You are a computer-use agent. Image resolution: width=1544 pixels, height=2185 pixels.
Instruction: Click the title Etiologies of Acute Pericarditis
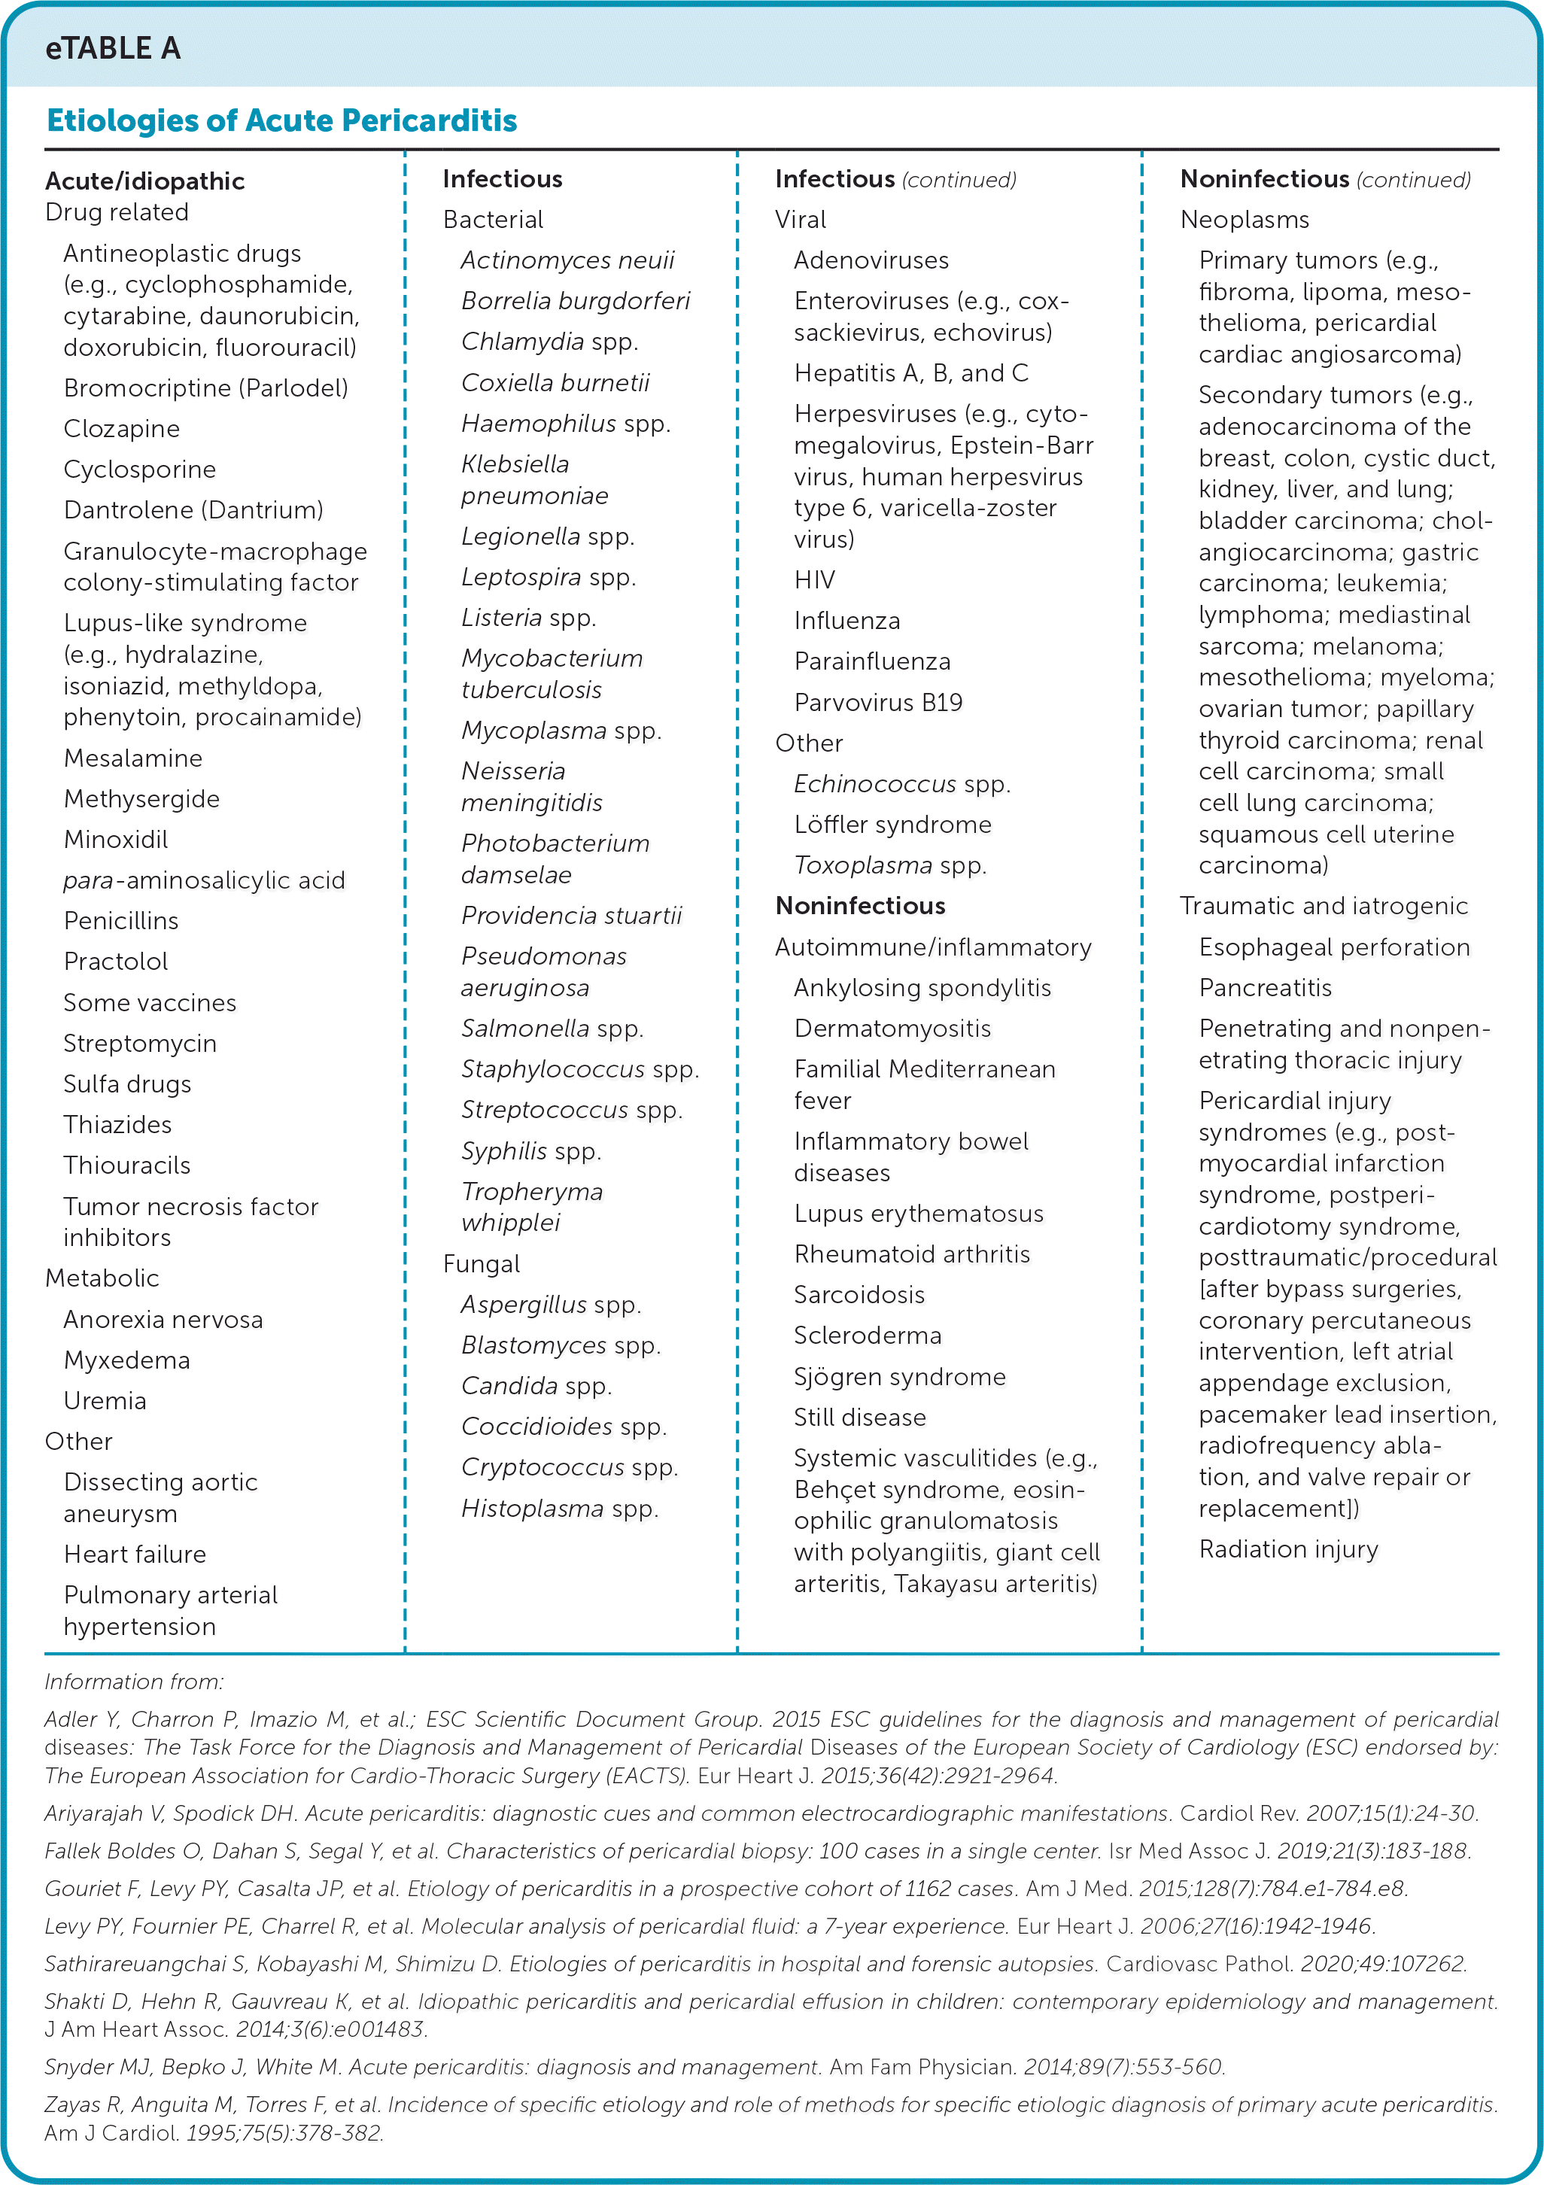pyautogui.click(x=281, y=121)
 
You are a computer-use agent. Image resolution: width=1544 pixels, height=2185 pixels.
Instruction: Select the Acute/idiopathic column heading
pyautogui.click(x=144, y=181)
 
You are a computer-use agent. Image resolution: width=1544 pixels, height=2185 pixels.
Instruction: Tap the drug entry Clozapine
pyautogui.click(x=121, y=429)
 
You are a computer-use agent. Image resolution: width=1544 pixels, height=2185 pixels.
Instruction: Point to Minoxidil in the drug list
pyautogui.click(x=115, y=840)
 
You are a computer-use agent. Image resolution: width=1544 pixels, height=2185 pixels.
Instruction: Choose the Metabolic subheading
pyautogui.click(x=102, y=1278)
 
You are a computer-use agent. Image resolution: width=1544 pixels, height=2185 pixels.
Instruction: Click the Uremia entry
pyautogui.click(x=105, y=1401)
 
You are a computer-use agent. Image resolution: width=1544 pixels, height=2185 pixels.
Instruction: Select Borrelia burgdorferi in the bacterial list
pyautogui.click(x=575, y=302)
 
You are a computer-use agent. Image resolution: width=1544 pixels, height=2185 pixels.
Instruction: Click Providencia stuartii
pyautogui.click(x=571, y=916)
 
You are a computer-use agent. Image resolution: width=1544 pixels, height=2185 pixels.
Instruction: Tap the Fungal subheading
pyautogui.click(x=481, y=1264)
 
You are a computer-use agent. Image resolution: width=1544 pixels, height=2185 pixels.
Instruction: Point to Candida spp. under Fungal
pyautogui.click(x=536, y=1386)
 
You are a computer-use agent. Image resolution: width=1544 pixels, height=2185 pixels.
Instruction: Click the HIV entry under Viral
pyautogui.click(x=814, y=579)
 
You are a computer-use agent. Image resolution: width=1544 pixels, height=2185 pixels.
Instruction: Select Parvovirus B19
pyautogui.click(x=877, y=702)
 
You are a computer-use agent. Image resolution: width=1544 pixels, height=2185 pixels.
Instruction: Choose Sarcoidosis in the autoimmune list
pyautogui.click(x=859, y=1295)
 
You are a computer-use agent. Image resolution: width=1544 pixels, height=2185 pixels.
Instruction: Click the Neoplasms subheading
pyautogui.click(x=1244, y=220)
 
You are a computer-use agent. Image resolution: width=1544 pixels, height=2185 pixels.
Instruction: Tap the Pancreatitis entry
pyautogui.click(x=1265, y=988)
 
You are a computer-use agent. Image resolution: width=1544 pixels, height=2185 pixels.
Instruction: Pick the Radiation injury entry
pyautogui.click(x=1288, y=1549)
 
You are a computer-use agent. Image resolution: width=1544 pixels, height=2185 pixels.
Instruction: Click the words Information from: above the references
pyautogui.click(x=133, y=1682)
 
